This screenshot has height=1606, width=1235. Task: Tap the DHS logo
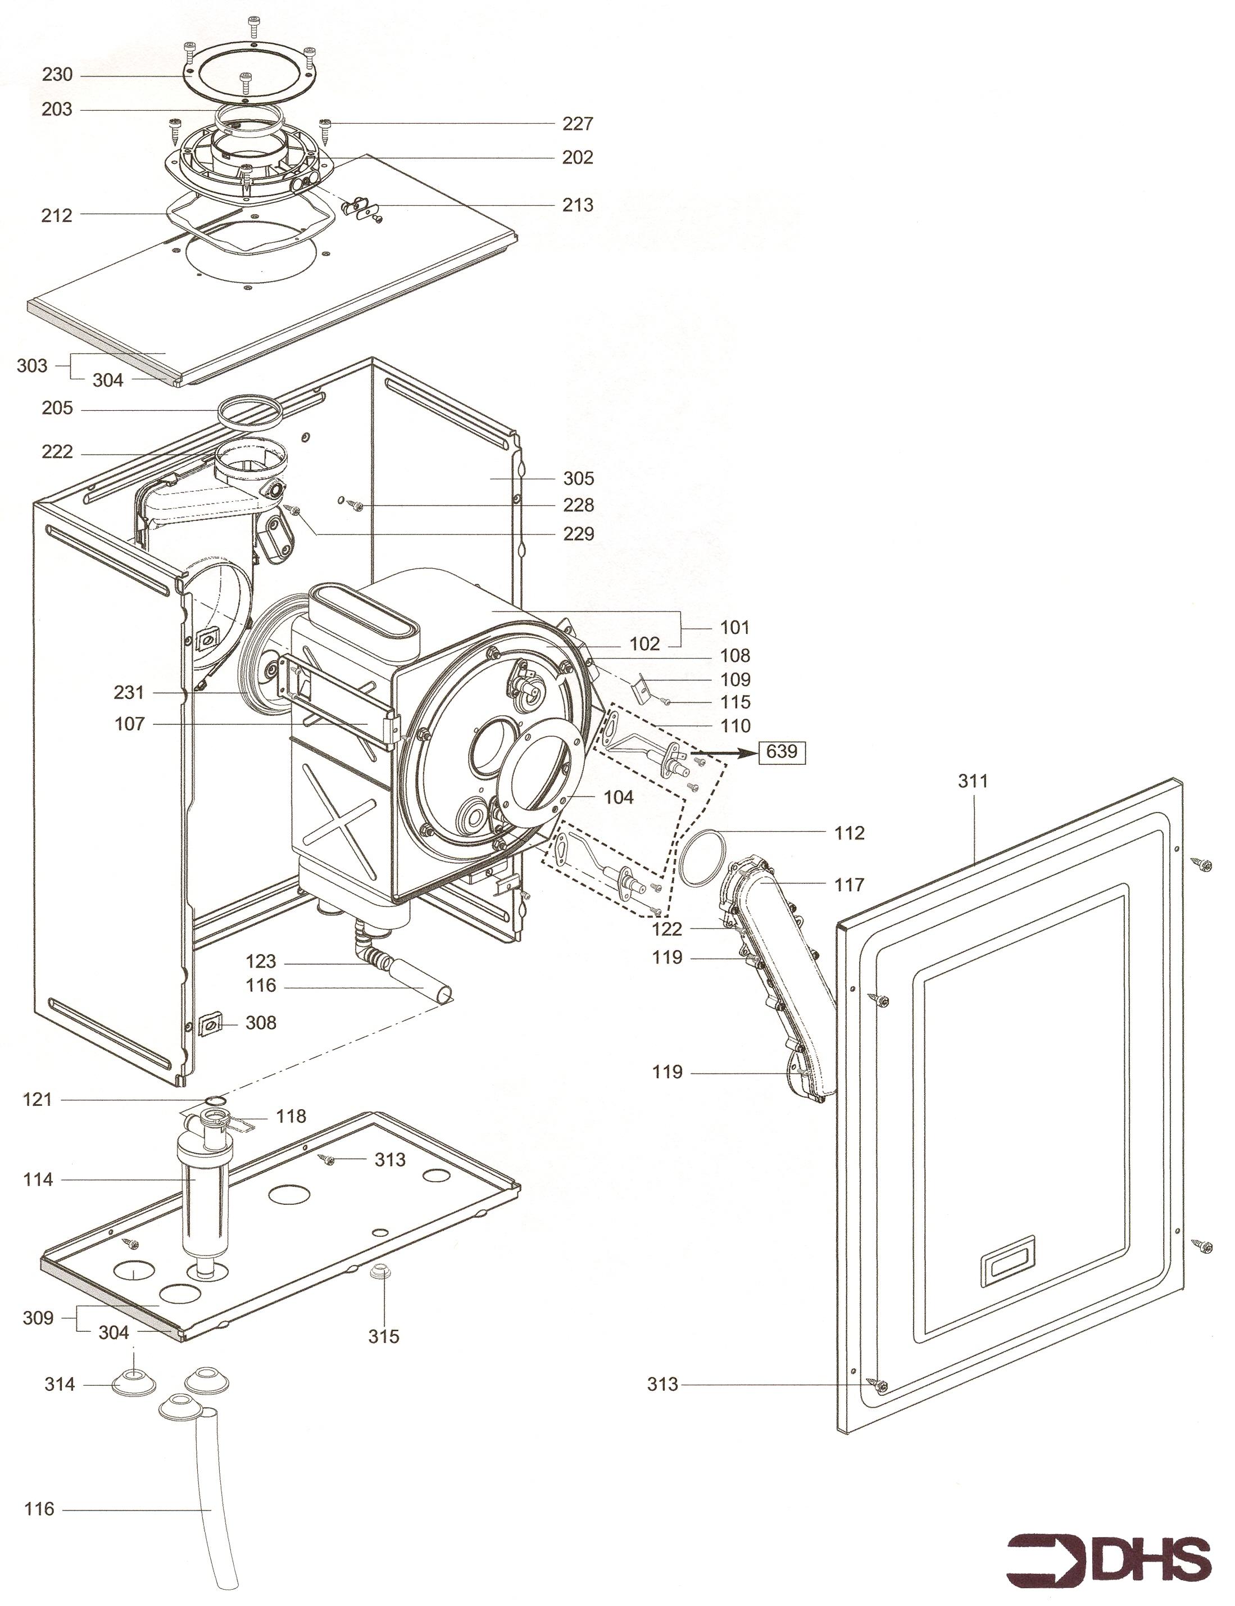[x=1108, y=1555]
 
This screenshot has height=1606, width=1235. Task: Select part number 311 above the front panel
[x=973, y=781]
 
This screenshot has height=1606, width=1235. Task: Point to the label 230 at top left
[x=57, y=74]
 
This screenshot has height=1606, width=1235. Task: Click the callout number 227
[x=578, y=124]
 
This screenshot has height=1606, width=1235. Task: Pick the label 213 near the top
[x=578, y=205]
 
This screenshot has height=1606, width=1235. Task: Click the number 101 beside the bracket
[x=734, y=627]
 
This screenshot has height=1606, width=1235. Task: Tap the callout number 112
[x=849, y=833]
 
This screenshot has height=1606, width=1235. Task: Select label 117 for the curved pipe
[x=849, y=884]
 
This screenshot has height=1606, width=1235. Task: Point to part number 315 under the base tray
[x=384, y=1336]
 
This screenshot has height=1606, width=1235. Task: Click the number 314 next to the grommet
[x=60, y=1384]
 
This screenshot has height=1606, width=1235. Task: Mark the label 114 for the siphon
[x=38, y=1179]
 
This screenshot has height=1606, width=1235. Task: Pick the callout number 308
[x=260, y=1022]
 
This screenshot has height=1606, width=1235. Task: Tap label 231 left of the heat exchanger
[x=129, y=692]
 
